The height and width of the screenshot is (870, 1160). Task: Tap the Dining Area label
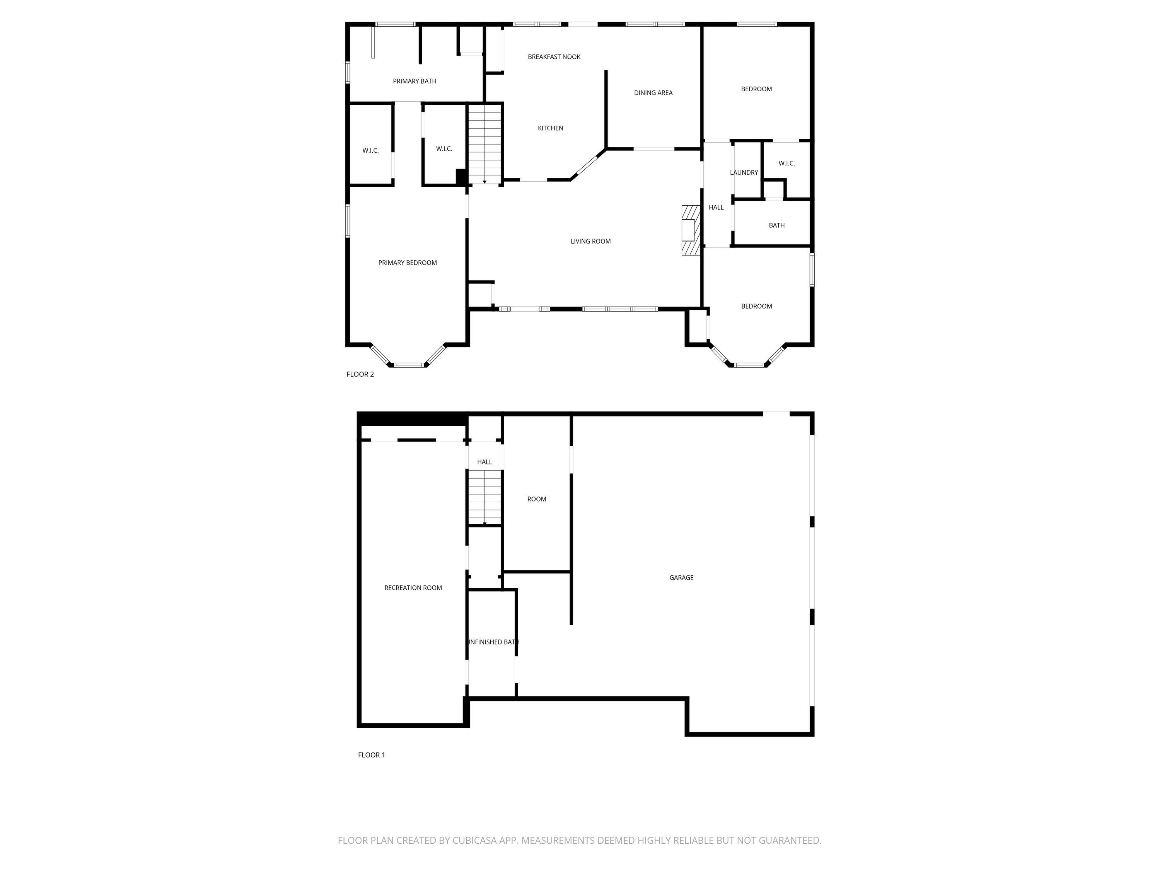pos(653,93)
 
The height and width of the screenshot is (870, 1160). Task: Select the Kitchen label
pos(550,128)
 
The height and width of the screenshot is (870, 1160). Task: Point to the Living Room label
pos(590,241)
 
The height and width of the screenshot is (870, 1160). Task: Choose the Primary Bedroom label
pos(408,263)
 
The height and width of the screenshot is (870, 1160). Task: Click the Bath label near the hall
pos(777,225)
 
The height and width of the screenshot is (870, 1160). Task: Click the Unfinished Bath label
pos(493,642)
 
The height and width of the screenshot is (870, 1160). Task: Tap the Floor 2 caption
pos(360,374)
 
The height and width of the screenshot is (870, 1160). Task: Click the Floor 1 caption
pos(371,755)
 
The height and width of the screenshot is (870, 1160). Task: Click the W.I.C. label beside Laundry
pos(786,164)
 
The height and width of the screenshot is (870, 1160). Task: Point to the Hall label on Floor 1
pos(484,462)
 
